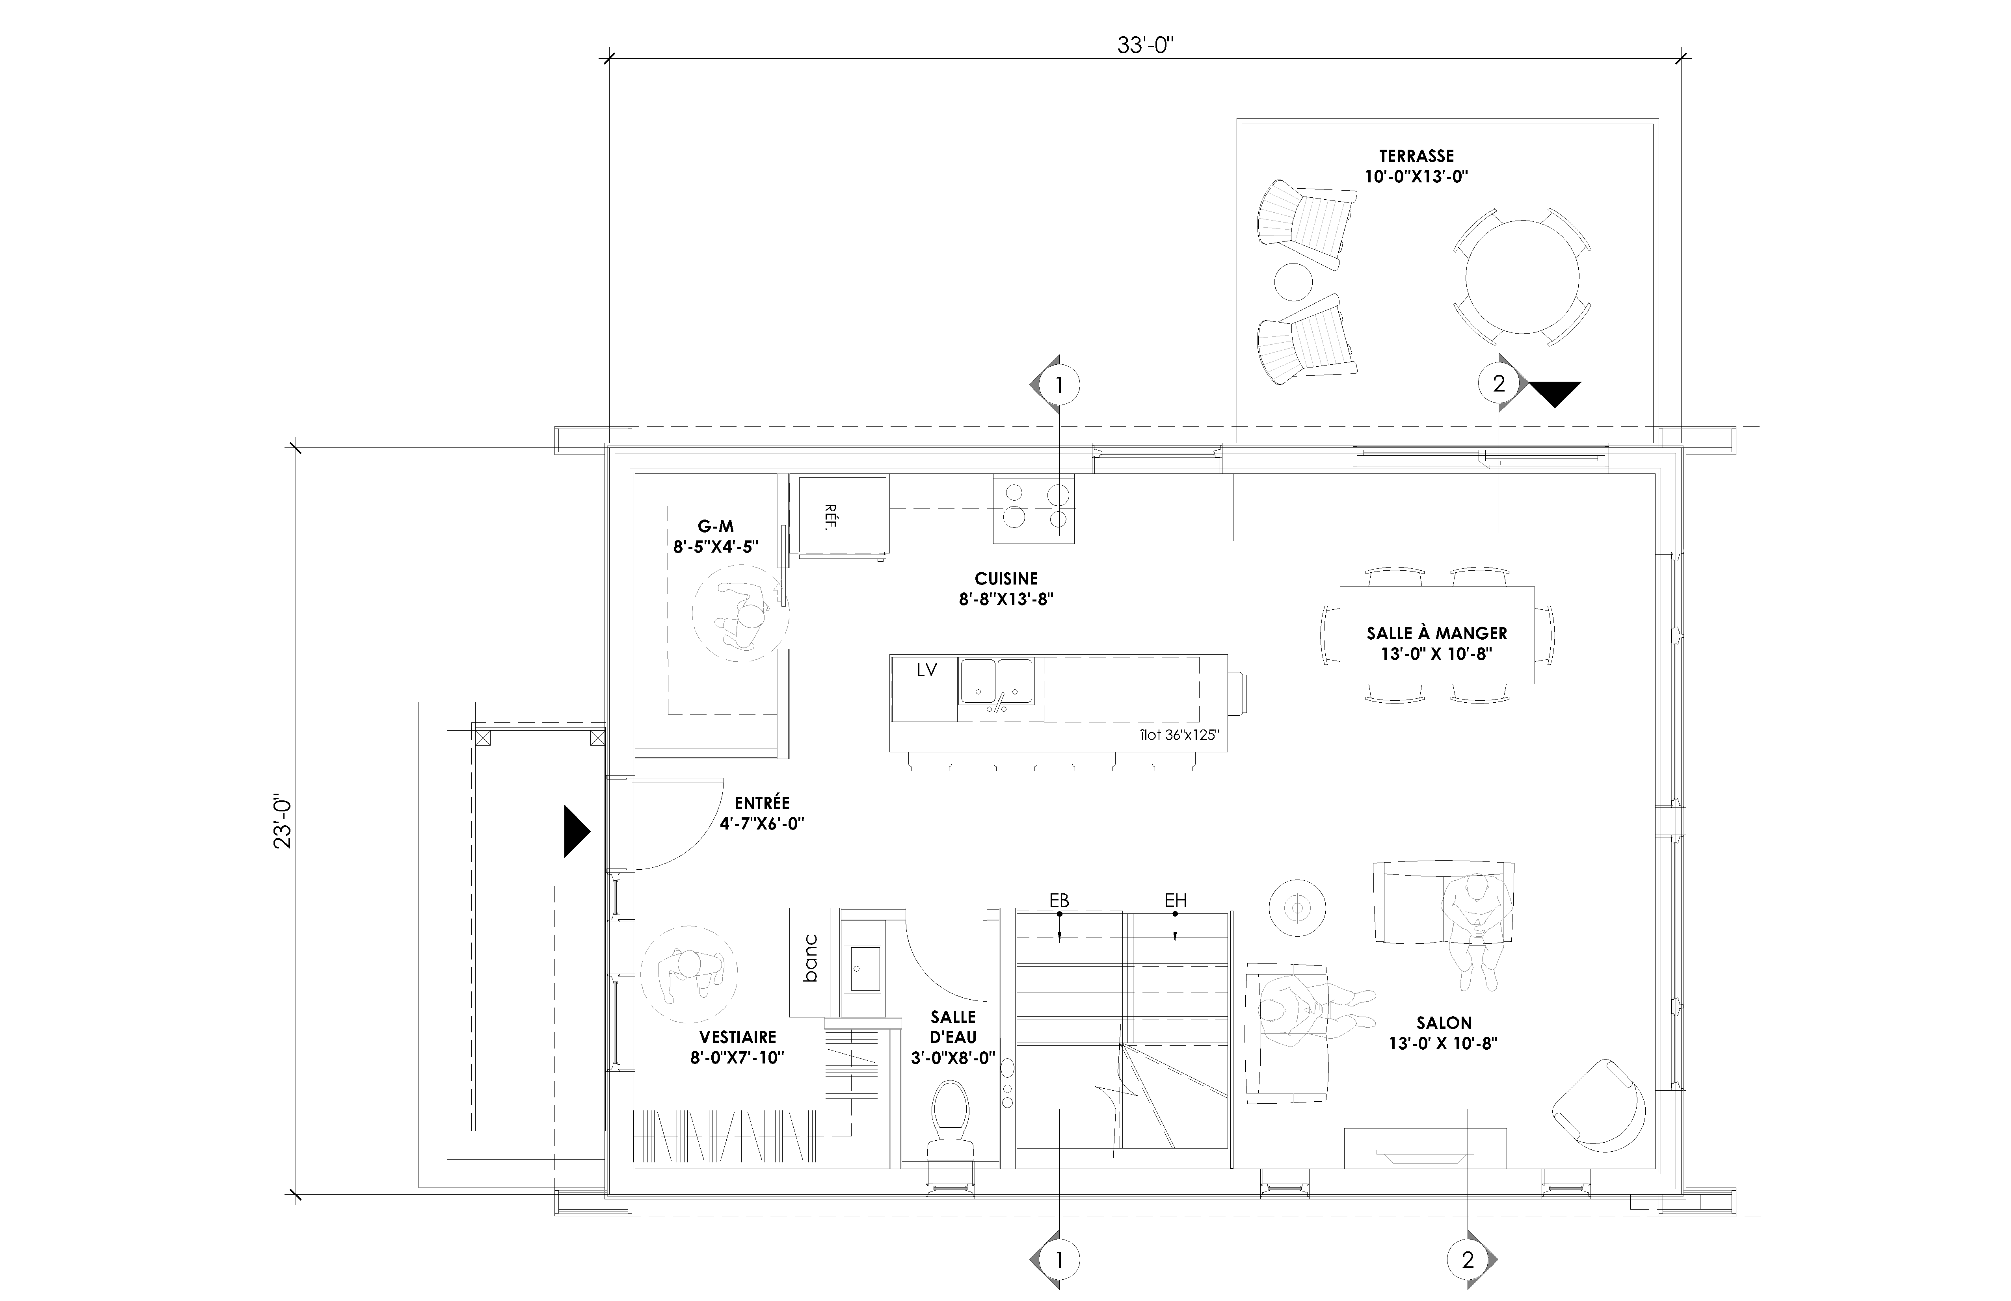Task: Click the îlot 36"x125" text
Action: (x=1179, y=735)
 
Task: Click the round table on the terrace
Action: (x=1522, y=277)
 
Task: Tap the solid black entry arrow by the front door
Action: (x=576, y=831)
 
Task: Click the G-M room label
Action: (x=716, y=527)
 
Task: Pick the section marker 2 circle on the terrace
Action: (x=1499, y=384)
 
